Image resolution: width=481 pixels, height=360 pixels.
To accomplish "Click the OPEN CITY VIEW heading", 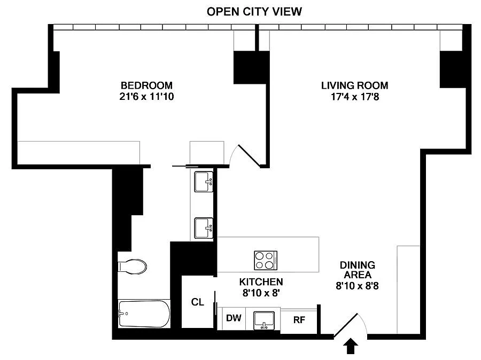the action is coord(254,12).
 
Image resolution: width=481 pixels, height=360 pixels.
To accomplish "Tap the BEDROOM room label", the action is coord(146,85).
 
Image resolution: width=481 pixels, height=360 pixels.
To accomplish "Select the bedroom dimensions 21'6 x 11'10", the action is coord(146,97).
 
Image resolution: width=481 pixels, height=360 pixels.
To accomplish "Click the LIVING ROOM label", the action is coord(355,85).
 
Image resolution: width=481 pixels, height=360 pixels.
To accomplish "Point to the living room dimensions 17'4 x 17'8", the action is coord(355,97).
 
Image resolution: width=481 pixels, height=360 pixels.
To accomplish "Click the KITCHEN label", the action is coord(261,281).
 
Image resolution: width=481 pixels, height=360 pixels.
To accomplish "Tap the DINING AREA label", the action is coord(358,270).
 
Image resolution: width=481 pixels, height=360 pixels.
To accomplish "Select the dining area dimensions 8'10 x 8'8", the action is coord(358,286).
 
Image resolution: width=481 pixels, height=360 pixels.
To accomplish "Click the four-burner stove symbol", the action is coord(266,260).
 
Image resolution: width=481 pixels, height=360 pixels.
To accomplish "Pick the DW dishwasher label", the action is coord(234,318).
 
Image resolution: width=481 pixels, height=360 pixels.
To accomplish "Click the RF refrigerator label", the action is coord(299,320).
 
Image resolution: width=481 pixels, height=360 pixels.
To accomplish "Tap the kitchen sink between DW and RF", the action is coord(264,320).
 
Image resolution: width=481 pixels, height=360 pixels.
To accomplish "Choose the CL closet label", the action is coord(198,302).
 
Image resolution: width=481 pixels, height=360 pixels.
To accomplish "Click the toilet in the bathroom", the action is coord(132,267).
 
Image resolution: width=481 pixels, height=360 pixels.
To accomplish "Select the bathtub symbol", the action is coord(144,314).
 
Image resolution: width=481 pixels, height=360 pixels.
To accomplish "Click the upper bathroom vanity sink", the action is coord(204,182).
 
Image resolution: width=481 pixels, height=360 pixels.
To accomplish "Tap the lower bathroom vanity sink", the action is coord(204,228).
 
